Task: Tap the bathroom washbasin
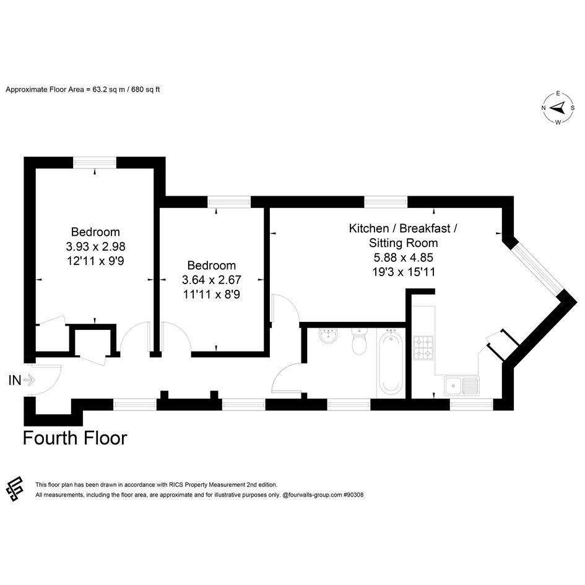pyautogui.click(x=329, y=336)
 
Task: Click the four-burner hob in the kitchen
pyautogui.click(x=423, y=348)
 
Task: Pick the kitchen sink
pyautogui.click(x=462, y=386)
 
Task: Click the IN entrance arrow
pyautogui.click(x=29, y=380)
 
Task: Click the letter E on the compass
pyautogui.click(x=558, y=93)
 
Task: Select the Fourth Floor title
pyautogui.click(x=75, y=438)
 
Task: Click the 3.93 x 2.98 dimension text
pyautogui.click(x=95, y=246)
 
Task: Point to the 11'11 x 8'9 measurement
pyautogui.click(x=211, y=295)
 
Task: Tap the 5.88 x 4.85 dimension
pyautogui.click(x=403, y=258)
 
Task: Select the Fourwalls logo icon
pyautogui.click(x=15, y=489)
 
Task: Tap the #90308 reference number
pyautogui.click(x=353, y=495)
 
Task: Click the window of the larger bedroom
pyautogui.click(x=95, y=162)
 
